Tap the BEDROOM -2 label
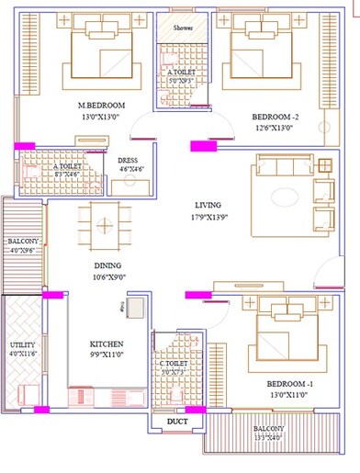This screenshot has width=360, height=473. tap(275, 117)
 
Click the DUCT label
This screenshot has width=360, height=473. tap(178, 423)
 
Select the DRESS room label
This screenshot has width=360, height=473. tap(128, 160)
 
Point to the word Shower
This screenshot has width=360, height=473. tap(184, 28)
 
